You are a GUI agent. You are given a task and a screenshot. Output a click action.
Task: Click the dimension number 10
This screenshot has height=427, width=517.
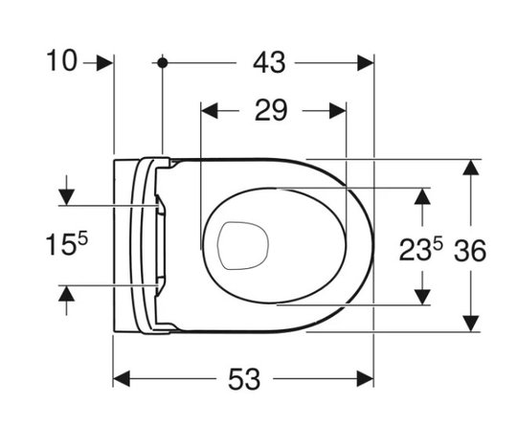tap(62, 60)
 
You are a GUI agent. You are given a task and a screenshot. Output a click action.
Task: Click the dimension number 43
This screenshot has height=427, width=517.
tap(269, 62)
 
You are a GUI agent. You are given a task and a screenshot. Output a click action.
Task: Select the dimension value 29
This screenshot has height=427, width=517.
tap(271, 110)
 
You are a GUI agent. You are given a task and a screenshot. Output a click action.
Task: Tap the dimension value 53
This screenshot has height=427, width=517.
tap(244, 379)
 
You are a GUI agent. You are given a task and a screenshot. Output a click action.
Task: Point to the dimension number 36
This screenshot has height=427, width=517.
tap(470, 251)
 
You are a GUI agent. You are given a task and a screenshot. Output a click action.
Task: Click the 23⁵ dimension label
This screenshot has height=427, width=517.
tap(420, 250)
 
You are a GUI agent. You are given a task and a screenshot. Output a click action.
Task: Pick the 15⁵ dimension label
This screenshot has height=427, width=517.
tap(67, 244)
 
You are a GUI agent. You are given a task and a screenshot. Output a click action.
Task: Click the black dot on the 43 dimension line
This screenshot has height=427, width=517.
tap(162, 62)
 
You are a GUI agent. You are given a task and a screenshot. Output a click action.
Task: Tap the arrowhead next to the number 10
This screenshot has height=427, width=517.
tap(105, 62)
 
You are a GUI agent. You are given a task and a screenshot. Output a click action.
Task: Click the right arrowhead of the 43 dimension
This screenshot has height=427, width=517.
tap(366, 62)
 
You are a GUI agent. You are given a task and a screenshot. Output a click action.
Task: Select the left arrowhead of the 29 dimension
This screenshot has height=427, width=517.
tap(210, 110)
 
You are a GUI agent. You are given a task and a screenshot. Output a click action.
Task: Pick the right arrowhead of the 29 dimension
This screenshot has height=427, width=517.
tap(338, 110)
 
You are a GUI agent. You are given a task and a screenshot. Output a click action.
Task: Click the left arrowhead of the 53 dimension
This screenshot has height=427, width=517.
tap(122, 378)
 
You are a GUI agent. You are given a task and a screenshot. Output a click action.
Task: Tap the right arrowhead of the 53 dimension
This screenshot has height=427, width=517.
tap(366, 378)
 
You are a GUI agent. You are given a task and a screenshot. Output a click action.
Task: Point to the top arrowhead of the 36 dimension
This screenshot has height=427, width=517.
tap(470, 168)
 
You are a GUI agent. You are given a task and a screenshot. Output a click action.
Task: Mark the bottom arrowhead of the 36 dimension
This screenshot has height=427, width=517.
tap(470, 324)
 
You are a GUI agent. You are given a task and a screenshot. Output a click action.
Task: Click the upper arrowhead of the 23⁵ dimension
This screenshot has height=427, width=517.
tap(422, 196)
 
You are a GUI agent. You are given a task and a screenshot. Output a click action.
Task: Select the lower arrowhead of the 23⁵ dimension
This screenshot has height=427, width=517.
tap(422, 297)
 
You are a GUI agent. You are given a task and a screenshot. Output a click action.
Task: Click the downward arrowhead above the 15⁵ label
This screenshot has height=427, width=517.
tap(67, 197)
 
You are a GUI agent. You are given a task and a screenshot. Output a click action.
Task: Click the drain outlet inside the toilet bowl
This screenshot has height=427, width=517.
tap(243, 246)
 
